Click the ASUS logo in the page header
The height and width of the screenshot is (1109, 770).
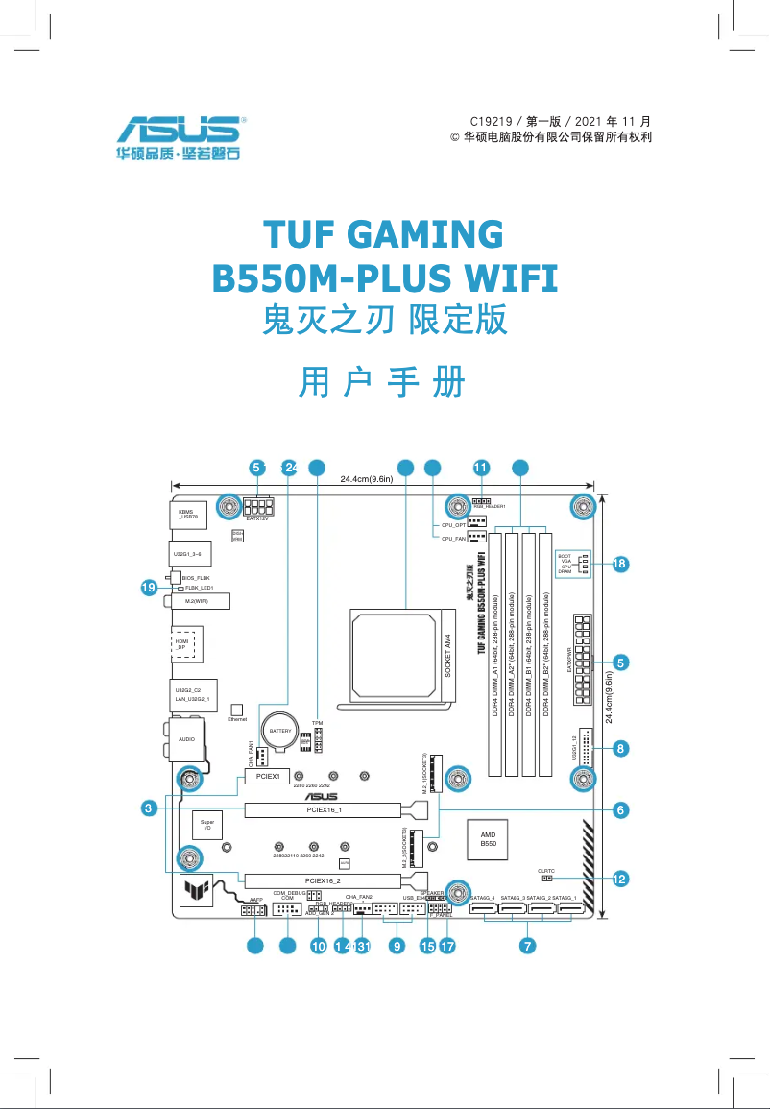(x=180, y=131)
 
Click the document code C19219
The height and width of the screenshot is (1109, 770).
(x=492, y=122)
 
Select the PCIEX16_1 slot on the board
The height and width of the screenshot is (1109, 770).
(x=324, y=810)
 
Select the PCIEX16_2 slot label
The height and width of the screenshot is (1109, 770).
(x=323, y=880)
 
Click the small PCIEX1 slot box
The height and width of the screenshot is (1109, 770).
(x=268, y=775)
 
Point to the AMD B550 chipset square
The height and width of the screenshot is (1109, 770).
(x=488, y=838)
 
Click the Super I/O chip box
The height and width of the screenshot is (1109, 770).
(x=206, y=825)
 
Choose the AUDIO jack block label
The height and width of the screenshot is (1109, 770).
(x=186, y=739)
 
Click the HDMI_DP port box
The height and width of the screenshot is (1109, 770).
(x=182, y=644)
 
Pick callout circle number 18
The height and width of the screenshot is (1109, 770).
(x=620, y=564)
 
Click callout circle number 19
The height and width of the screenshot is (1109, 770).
(x=148, y=588)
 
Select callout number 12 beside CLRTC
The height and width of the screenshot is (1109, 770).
(x=620, y=878)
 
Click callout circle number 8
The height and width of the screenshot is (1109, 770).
(x=621, y=747)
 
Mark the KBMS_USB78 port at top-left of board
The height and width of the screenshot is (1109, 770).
(x=189, y=517)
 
